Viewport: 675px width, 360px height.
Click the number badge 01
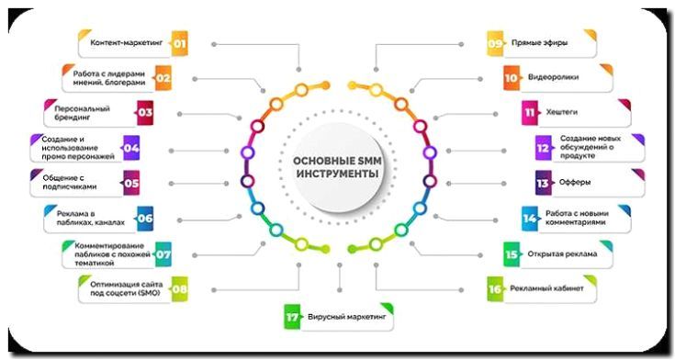(x=179, y=43)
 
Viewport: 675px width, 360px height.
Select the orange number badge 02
(x=163, y=78)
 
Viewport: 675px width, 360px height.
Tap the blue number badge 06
(x=145, y=219)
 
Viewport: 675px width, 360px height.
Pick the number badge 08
(x=180, y=289)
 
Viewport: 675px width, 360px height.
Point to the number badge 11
(x=530, y=113)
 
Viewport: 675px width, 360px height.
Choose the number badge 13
(x=543, y=183)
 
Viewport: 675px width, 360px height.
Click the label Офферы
(x=577, y=183)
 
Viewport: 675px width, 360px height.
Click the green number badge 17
(x=292, y=319)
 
